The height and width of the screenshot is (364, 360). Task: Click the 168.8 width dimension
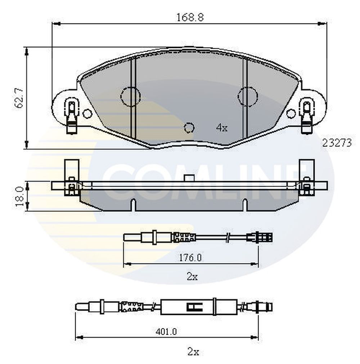click(190, 17)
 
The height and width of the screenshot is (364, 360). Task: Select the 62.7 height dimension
click(19, 98)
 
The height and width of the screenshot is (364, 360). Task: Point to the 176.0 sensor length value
click(190, 257)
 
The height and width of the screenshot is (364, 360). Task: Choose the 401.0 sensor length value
click(166, 332)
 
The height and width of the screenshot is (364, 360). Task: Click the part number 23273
click(337, 143)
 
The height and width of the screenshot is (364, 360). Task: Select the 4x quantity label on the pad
click(222, 128)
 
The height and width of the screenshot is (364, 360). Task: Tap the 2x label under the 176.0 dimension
click(192, 277)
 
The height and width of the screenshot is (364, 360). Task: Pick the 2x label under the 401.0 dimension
click(193, 352)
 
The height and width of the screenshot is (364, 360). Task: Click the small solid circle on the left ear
click(87, 114)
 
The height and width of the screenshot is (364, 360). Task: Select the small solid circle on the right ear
click(291, 114)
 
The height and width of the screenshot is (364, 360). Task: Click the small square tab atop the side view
click(189, 178)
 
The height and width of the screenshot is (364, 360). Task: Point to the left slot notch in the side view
click(133, 205)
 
